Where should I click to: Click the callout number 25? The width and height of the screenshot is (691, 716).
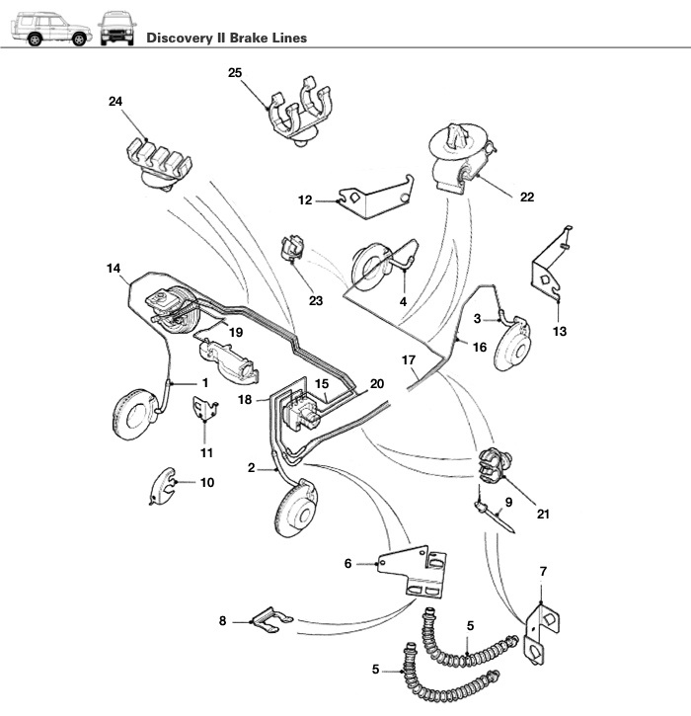[x=235, y=73]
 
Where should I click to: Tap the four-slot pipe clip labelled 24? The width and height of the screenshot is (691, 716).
[x=159, y=163]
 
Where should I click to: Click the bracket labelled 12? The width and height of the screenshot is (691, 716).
[x=375, y=196]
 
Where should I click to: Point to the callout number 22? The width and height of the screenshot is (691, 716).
[x=527, y=197]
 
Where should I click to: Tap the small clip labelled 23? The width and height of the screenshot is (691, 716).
[x=292, y=249]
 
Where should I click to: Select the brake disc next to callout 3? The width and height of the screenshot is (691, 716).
[x=513, y=344]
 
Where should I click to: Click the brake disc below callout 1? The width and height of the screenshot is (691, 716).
[x=135, y=415]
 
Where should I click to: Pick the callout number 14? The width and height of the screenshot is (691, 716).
[x=114, y=268]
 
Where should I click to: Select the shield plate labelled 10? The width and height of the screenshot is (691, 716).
[x=162, y=486]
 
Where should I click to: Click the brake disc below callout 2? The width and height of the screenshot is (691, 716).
[x=297, y=507]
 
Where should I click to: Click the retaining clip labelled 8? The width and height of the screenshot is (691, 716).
[x=272, y=620]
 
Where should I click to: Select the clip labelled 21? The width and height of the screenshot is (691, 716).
[x=495, y=464]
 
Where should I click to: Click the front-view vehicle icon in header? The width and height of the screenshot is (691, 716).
[x=116, y=29]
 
